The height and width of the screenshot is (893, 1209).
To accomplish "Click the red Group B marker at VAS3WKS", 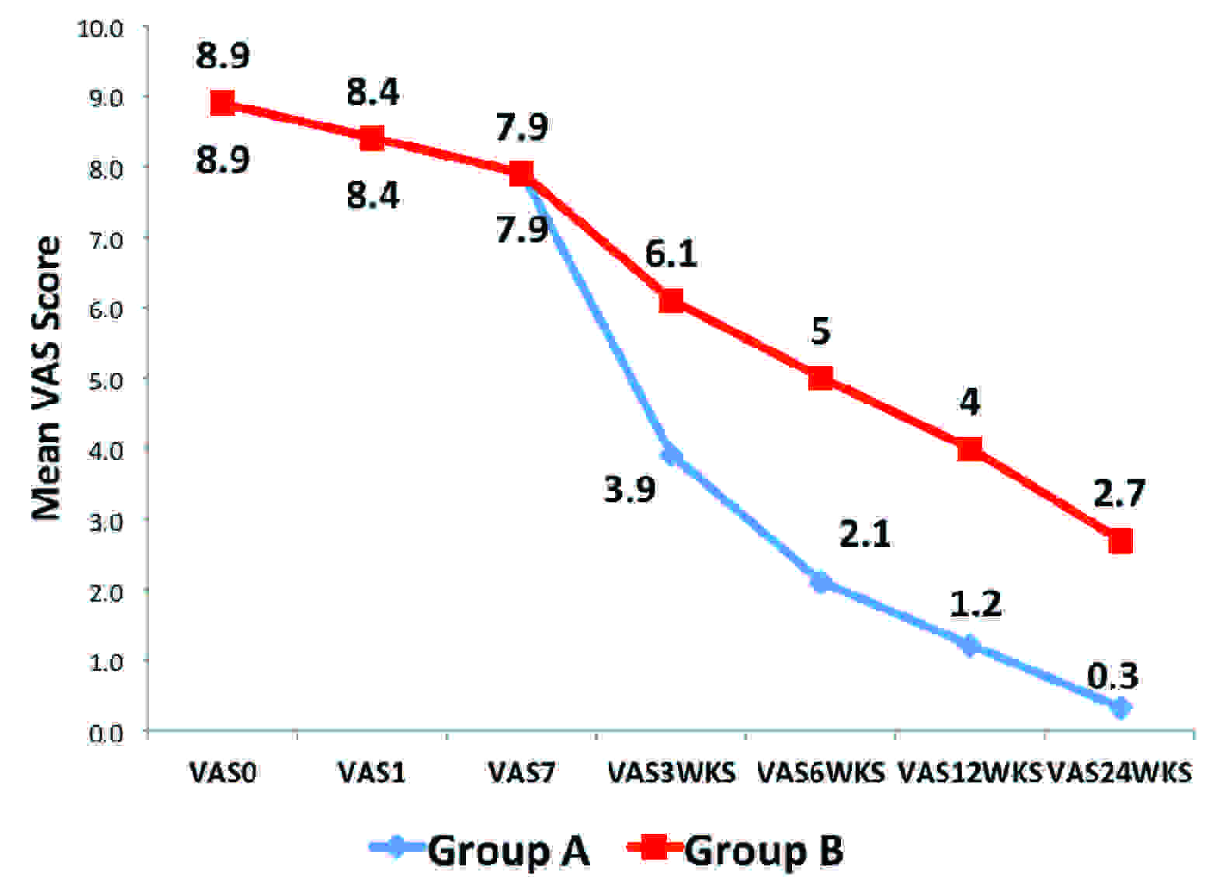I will tap(671, 301).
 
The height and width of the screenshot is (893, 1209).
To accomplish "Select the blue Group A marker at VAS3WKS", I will tap(671, 455).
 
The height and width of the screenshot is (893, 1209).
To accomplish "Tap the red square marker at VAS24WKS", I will tap(1120, 540).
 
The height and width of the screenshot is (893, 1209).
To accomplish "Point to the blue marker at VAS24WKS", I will tap(1120, 708).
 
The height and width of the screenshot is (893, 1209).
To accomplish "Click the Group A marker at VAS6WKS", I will tap(821, 582).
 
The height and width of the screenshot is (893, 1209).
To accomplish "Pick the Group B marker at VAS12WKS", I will tap(970, 448).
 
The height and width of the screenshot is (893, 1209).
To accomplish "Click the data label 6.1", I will tap(671, 254).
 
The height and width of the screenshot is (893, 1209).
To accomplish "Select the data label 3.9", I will tap(630, 490).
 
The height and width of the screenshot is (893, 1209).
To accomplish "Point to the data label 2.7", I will tap(1119, 494).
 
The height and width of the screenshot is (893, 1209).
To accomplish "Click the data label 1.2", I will tap(976, 604).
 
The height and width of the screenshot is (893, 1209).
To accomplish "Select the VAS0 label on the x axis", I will tap(223, 773).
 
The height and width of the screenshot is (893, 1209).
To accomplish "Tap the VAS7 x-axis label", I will tap(521, 773).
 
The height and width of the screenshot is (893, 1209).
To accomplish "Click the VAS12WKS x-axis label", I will tap(969, 773).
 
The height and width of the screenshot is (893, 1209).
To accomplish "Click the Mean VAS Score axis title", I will tap(47, 378).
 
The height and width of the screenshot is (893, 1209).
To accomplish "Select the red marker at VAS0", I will tap(223, 103).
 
